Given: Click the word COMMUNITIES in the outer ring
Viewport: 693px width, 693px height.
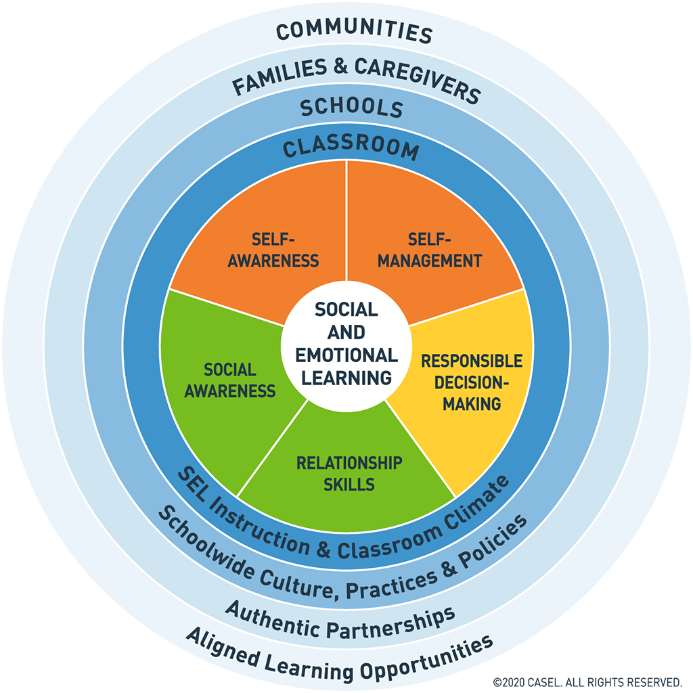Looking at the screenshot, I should coord(354,32).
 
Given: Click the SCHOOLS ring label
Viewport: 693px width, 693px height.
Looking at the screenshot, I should coord(352,108).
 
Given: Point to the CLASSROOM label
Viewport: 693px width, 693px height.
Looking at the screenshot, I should coord(351,148).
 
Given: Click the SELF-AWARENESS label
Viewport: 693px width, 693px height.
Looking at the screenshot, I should coord(273,250).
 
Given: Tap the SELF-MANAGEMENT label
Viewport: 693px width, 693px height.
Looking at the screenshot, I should coord(429,250).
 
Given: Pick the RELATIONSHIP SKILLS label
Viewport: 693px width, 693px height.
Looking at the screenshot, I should coord(349,474).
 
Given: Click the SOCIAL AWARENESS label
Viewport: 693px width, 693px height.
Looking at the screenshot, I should coord(230,380).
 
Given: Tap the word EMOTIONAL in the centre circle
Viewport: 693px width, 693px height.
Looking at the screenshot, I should coord(346,355).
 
